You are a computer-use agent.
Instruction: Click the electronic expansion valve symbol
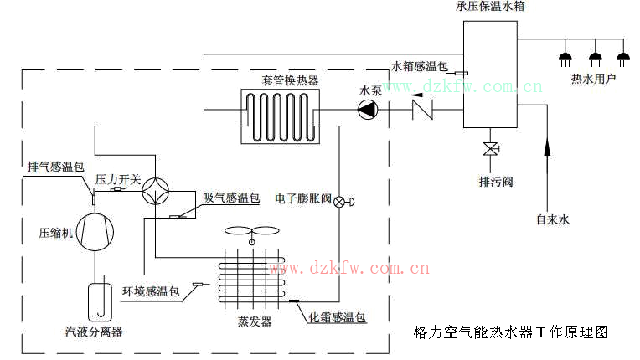(340, 202)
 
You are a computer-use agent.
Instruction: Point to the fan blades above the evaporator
(250, 233)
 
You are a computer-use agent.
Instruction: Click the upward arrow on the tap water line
(547, 146)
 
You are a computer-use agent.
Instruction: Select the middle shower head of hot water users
(596, 58)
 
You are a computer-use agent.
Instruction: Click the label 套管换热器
(290, 80)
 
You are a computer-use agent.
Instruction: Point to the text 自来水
(552, 220)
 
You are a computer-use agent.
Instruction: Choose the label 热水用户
(593, 80)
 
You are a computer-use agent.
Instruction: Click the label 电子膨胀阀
(303, 199)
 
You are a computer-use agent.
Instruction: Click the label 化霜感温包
(338, 317)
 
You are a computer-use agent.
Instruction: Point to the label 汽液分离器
(94, 332)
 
